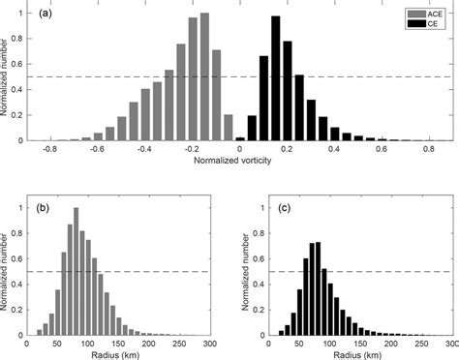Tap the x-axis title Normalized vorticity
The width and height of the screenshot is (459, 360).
coord(239,160)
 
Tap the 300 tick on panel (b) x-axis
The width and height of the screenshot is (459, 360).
coord(216,342)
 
